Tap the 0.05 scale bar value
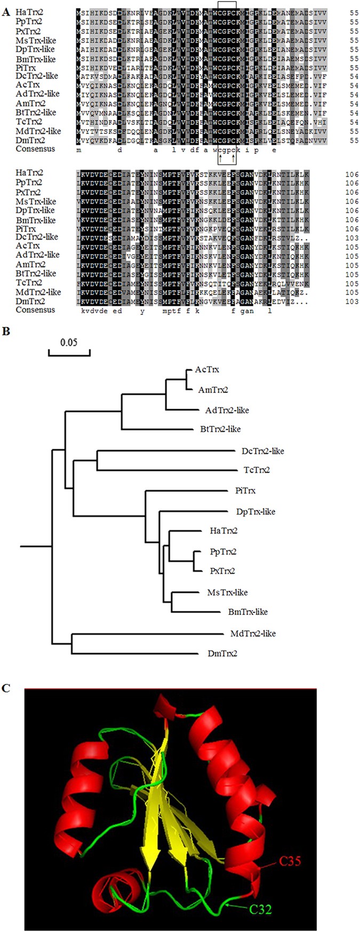[x=68, y=342]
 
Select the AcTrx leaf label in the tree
[x=207, y=370]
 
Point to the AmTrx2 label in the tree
[x=213, y=390]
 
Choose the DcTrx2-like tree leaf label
[x=262, y=451]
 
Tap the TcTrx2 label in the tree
[x=252, y=470]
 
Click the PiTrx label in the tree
[x=245, y=490]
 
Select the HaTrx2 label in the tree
[x=224, y=530]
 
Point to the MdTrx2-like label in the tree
[x=253, y=633]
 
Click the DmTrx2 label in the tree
[x=223, y=653]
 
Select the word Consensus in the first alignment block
[x=35, y=149]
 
